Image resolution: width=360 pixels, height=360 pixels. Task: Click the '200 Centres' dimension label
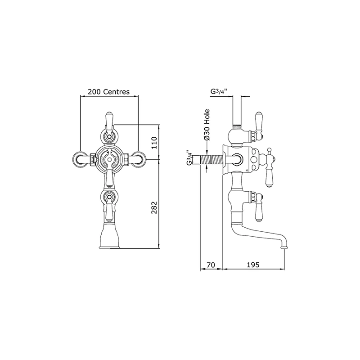click(108, 92)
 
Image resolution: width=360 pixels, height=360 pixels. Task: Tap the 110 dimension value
click(154, 143)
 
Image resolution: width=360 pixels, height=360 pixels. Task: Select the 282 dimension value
click(154, 207)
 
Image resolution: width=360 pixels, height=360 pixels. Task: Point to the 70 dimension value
click(211, 265)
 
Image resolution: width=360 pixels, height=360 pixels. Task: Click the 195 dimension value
click(253, 265)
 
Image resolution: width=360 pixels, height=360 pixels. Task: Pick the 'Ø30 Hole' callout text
click(207, 125)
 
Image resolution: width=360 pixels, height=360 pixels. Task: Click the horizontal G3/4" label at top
click(219, 91)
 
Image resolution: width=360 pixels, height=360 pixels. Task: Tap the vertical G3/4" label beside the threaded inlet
click(189, 158)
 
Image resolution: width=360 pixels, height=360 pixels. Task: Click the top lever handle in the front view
click(109, 121)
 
